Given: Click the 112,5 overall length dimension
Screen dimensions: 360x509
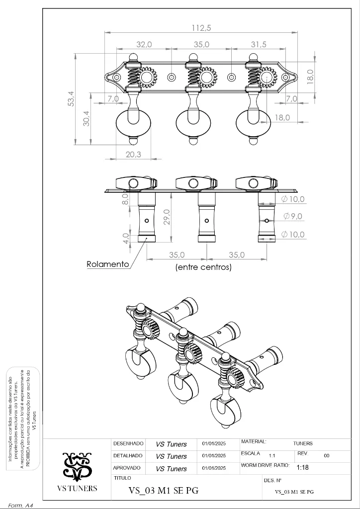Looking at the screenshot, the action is tap(201, 28).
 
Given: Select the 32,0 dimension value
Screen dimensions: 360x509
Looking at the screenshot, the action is tap(144, 45).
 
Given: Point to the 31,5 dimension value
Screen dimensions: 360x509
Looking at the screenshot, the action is tap(259, 45).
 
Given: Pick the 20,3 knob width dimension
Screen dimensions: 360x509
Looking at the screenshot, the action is tap(133, 155).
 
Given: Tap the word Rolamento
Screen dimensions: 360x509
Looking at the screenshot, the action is tap(108, 264).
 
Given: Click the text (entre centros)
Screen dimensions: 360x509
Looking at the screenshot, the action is tap(203, 267).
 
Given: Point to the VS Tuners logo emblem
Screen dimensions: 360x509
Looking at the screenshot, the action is tap(77, 466).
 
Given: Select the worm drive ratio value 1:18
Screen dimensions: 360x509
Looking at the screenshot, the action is tap(302, 468).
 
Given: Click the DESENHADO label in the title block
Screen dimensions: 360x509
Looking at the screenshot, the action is tap(128, 443).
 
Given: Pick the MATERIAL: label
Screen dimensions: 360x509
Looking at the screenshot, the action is tap(254, 441).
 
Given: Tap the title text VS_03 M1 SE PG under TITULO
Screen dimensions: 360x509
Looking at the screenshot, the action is tap(164, 491).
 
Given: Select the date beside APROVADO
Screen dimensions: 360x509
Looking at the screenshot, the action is tap(214, 468).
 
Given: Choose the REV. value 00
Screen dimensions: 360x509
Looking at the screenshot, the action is tap(327, 455).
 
